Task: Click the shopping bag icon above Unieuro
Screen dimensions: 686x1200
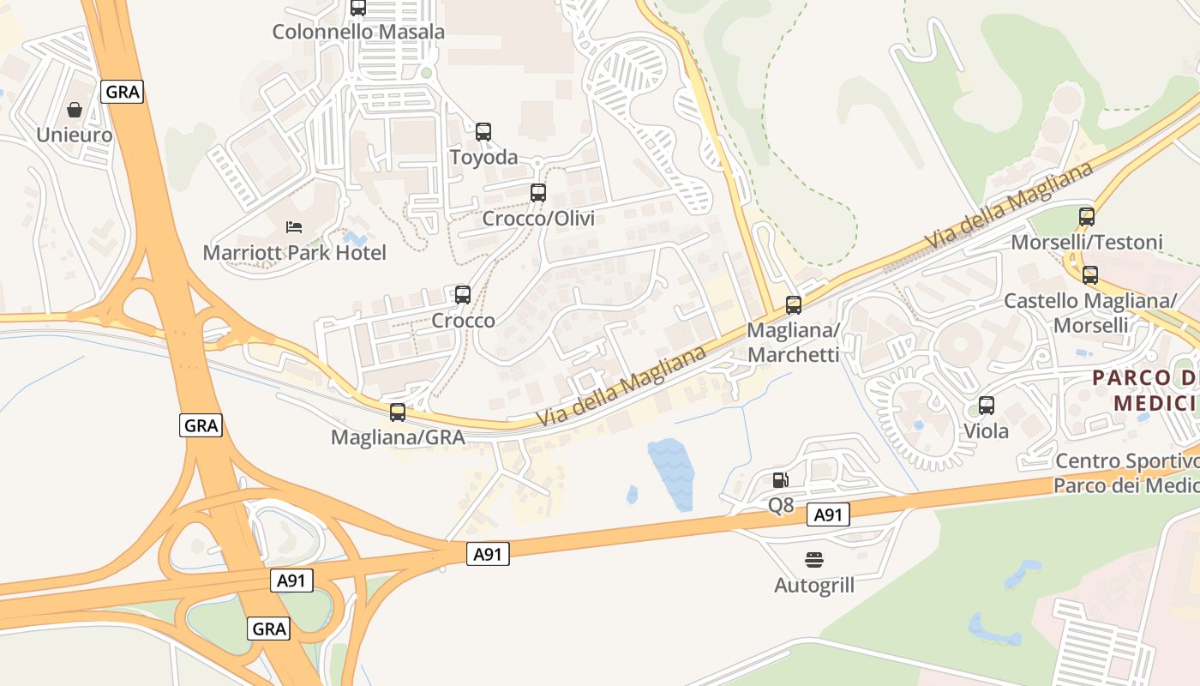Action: coord(75,110)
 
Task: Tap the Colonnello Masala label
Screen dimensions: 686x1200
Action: coord(358,32)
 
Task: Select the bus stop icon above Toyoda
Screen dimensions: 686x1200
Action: coord(483,132)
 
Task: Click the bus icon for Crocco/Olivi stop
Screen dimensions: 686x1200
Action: coord(538,193)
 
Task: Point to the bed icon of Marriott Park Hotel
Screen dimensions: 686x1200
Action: coord(294,227)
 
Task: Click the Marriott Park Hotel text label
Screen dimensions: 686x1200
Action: coord(294,253)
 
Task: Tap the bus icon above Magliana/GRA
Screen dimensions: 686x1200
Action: coord(398,412)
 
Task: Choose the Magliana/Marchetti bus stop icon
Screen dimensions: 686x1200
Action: coord(794,305)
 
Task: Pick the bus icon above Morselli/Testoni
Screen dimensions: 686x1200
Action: coord(1087,217)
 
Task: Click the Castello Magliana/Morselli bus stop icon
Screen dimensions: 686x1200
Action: coord(1090,275)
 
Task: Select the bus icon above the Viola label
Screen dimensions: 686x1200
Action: coord(987,406)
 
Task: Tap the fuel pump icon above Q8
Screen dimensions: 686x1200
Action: coord(780,480)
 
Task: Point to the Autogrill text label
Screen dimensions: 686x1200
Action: coord(814,586)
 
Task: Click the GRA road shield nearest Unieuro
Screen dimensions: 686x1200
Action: coord(122,92)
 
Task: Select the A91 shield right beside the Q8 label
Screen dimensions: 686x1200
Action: coord(828,514)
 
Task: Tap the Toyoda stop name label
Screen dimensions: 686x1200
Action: coord(484,157)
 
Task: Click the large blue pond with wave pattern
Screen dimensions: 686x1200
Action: coord(669,471)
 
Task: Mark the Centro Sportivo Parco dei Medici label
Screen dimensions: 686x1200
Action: coord(1126,473)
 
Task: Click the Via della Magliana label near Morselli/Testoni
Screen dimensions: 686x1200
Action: coord(1009,206)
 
